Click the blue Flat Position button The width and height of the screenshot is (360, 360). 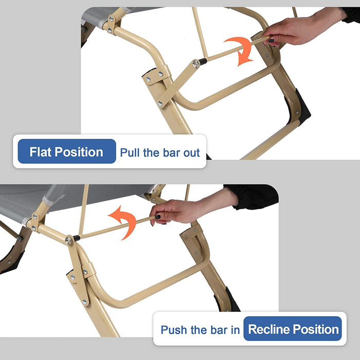pyautogui.click(x=67, y=151)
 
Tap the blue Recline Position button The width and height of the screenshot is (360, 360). pyautogui.click(x=293, y=329)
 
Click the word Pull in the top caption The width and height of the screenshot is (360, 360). pyautogui.click(x=130, y=153)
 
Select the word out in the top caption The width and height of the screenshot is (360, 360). pyautogui.click(x=191, y=153)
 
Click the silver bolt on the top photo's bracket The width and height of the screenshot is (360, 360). pyautogui.click(x=196, y=64)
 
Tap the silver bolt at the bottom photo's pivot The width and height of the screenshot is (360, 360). pyautogui.click(x=68, y=240)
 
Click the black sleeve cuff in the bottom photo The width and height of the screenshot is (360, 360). pyautogui.click(x=253, y=196)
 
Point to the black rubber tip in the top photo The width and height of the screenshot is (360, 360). pyautogui.click(x=203, y=61)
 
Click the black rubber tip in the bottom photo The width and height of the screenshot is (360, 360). pyautogui.click(x=76, y=238)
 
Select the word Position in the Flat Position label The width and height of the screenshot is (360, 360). pyautogui.click(x=79, y=152)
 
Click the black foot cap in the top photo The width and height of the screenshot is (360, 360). pyautogui.click(x=301, y=107)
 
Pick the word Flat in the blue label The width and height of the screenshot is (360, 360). pyautogui.click(x=41, y=152)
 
